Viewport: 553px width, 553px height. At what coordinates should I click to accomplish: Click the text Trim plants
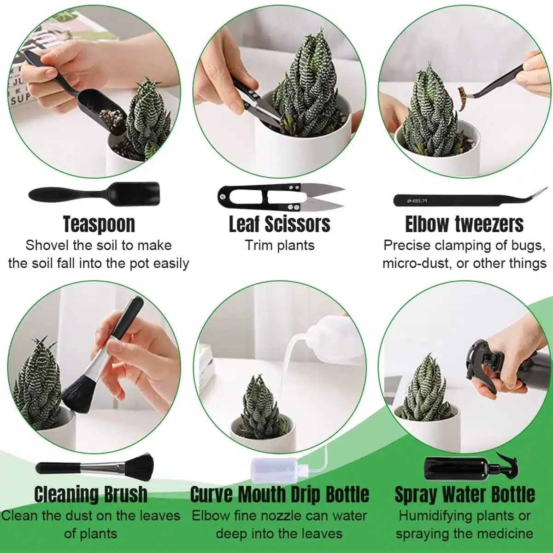(280, 246)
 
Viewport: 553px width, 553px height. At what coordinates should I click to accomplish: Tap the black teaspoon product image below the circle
(94, 193)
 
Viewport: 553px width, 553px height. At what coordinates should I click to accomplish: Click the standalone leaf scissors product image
(281, 197)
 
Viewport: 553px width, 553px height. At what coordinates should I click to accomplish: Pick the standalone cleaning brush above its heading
(95, 468)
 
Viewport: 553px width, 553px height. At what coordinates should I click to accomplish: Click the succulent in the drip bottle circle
(260, 407)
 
